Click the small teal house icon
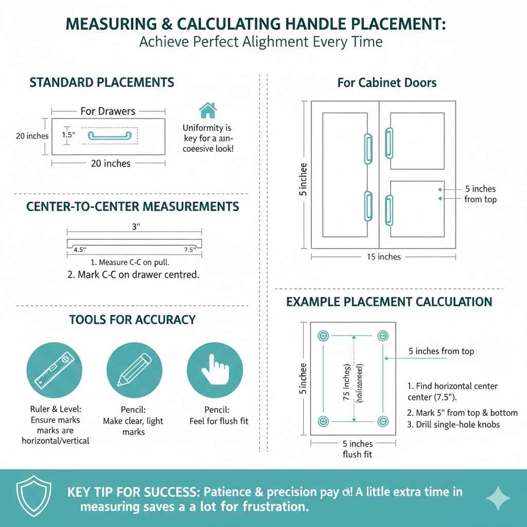click(207, 110)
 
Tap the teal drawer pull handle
click(109, 135)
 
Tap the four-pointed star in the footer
click(498, 498)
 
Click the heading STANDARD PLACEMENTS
click(102, 82)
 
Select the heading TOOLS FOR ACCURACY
click(132, 320)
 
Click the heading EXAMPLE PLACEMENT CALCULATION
click(389, 302)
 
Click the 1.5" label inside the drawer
click(68, 134)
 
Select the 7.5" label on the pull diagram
click(190, 250)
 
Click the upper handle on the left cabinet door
click(368, 149)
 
